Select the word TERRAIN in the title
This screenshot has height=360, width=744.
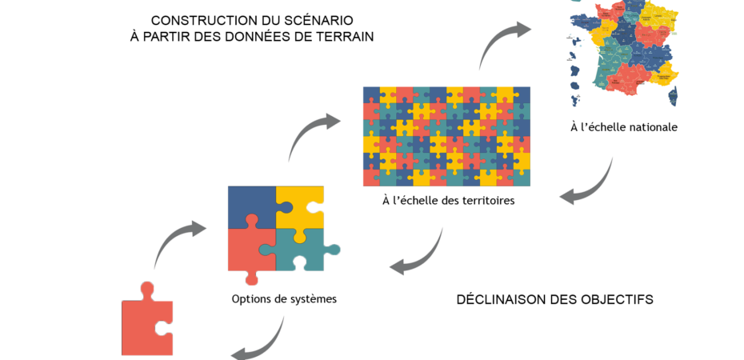point(345,37)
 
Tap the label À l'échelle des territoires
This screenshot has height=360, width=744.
point(448,200)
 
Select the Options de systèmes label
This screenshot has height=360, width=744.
point(284,299)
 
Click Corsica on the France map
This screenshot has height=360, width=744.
point(672,96)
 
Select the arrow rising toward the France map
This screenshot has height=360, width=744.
point(502,44)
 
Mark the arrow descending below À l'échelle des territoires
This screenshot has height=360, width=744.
point(419,256)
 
